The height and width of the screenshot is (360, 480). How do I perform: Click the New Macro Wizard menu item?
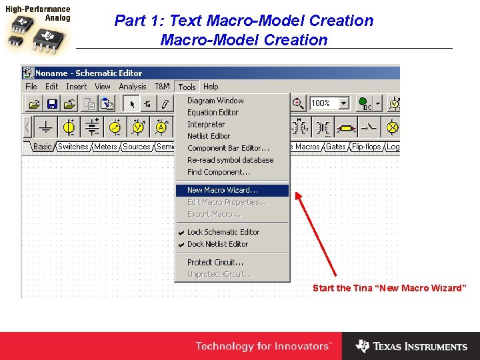pyautogui.click(x=223, y=191)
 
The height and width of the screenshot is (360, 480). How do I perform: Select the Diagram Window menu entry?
pyautogui.click(x=215, y=101)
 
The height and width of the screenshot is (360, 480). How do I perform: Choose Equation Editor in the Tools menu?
pyautogui.click(x=213, y=113)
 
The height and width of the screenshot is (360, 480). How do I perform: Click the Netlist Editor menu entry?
pyautogui.click(x=209, y=136)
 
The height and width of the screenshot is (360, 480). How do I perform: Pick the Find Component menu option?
pyautogui.click(x=217, y=172)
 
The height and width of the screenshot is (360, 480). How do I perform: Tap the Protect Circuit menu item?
pyautogui.click(x=215, y=263)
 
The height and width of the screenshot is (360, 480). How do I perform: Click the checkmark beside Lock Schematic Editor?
pyautogui.click(x=181, y=233)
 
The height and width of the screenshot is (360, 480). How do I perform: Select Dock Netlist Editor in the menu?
pyautogui.click(x=217, y=244)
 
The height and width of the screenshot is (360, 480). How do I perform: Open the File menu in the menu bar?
pyautogui.click(x=31, y=87)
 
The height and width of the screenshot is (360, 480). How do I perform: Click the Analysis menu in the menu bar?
pyautogui.click(x=133, y=87)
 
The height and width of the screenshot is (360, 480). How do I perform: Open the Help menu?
pyautogui.click(x=211, y=87)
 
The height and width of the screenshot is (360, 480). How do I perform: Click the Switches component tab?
pyautogui.click(x=73, y=147)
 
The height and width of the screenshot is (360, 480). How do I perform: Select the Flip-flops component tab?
pyautogui.click(x=367, y=147)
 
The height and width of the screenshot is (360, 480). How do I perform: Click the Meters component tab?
pyautogui.click(x=105, y=147)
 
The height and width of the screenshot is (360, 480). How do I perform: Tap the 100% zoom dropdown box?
pyautogui.click(x=329, y=103)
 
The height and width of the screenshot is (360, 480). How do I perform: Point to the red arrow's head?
pyautogui.click(x=297, y=195)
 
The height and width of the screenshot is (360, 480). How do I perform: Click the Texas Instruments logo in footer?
pyautogui.click(x=411, y=346)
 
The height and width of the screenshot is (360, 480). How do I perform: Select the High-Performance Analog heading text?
pyautogui.click(x=37, y=14)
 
